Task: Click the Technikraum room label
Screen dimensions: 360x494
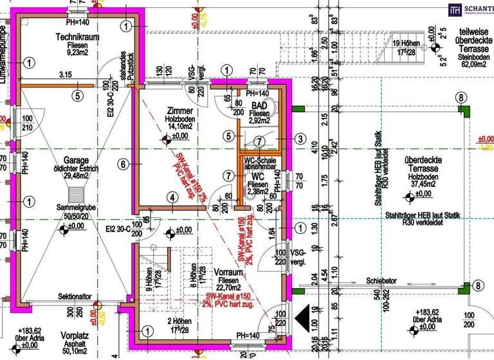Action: [x=77, y=37]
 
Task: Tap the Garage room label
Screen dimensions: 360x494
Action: [x=75, y=160]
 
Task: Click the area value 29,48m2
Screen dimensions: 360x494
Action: [x=75, y=177]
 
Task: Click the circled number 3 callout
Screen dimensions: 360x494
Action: [x=300, y=138]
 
